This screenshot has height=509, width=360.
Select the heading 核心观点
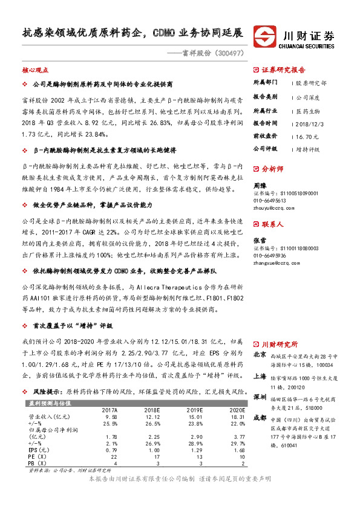[34, 70]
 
